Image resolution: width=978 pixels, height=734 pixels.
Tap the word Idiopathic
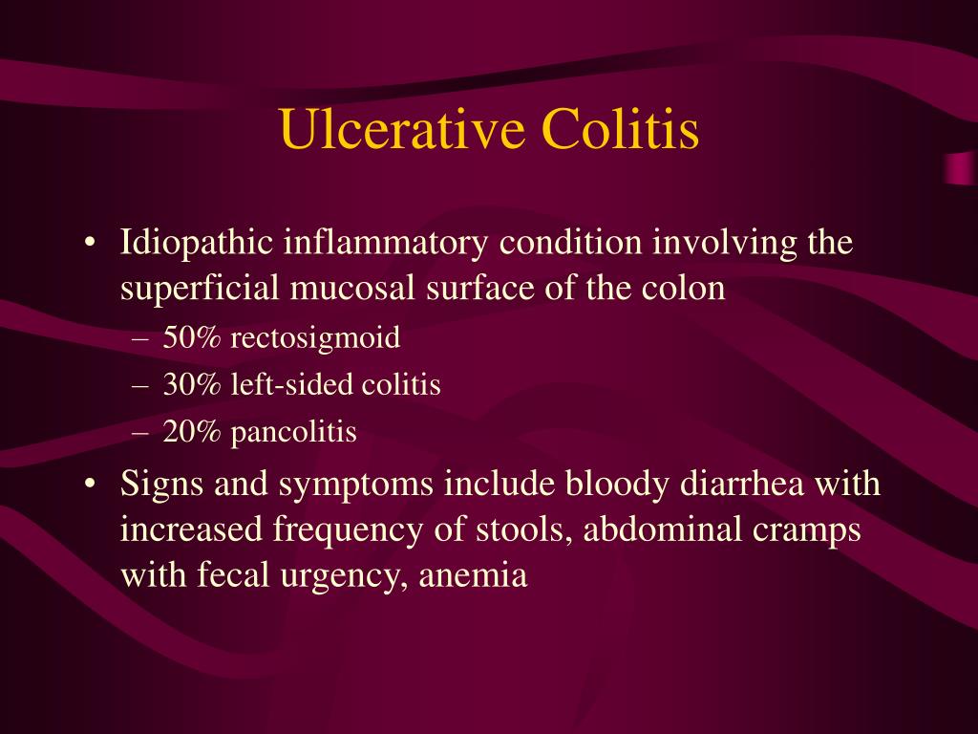point(196,243)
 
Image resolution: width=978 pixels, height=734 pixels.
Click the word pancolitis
point(293,433)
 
